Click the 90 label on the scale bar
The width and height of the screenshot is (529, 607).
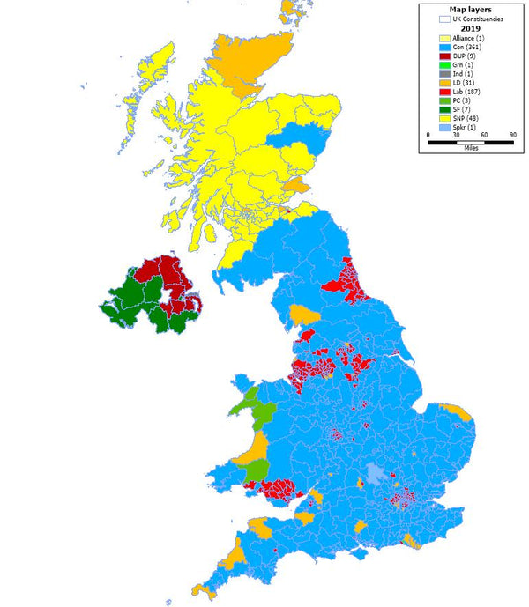pyautogui.click(x=512, y=134)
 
